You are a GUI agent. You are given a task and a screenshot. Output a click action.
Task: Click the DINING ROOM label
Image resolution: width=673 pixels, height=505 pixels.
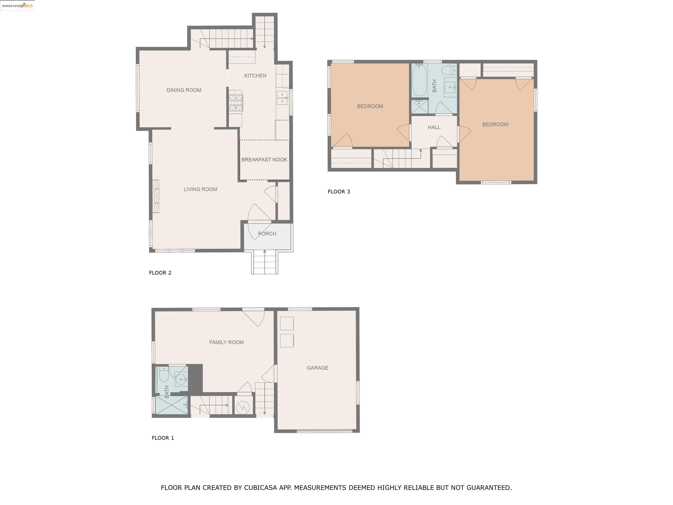pyautogui.click(x=184, y=90)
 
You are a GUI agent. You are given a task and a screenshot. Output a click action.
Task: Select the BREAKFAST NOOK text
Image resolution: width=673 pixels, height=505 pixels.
pyautogui.click(x=264, y=160)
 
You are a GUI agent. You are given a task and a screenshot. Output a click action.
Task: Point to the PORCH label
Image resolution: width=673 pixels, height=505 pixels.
pyautogui.click(x=267, y=234)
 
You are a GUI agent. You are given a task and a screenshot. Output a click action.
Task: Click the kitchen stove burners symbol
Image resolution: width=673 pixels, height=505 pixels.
pyautogui.click(x=236, y=103)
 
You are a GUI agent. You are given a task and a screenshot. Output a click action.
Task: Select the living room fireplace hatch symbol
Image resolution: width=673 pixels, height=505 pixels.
pyautogui.click(x=156, y=196)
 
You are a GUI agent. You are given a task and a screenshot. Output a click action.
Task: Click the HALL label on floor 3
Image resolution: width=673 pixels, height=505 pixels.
pyautogui.click(x=434, y=128)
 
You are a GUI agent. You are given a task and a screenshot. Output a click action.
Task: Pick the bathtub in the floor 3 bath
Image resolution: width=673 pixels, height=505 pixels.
pyautogui.click(x=420, y=80)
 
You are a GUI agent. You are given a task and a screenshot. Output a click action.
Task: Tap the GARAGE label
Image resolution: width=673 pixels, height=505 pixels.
pyautogui.click(x=317, y=368)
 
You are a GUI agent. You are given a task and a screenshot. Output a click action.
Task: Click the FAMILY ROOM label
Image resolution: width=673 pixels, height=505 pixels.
pyautogui.click(x=226, y=342)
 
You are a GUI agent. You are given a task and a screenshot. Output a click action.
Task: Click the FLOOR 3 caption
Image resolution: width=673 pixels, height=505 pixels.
pyautogui.click(x=339, y=192)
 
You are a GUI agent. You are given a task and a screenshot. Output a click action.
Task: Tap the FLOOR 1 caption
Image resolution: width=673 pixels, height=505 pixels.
pyautogui.click(x=163, y=438)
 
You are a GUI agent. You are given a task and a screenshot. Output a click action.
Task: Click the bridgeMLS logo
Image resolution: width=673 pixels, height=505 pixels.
pyautogui.click(x=17, y=5)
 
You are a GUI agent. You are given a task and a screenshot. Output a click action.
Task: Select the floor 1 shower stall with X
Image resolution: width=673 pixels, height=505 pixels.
pyautogui.click(x=171, y=405)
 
